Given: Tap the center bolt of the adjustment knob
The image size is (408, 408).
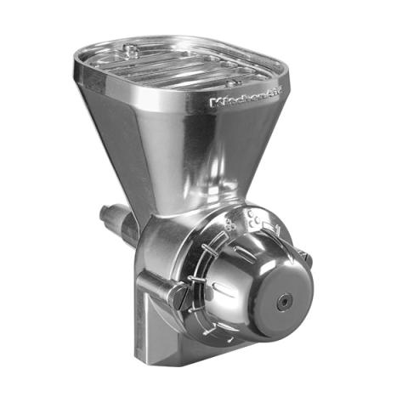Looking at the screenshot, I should pyautogui.click(x=284, y=300).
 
